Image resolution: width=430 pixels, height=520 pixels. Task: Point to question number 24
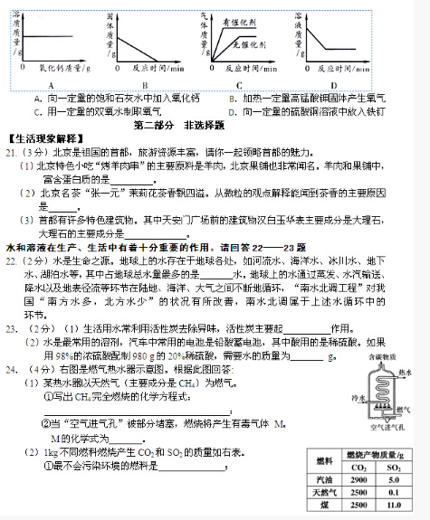(x=11, y=345)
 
